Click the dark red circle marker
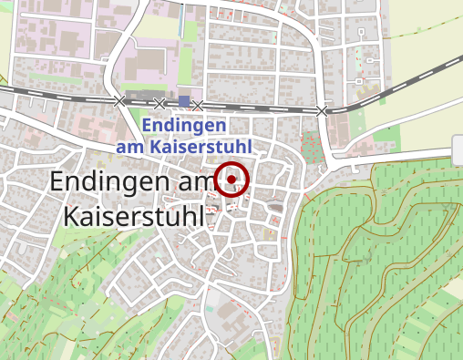tap(233, 179)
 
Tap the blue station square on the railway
tap(184, 101)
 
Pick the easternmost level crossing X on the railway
tap(321, 111)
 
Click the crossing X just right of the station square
tap(198, 106)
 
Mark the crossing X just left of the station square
tap(159, 103)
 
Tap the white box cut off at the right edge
tap(458, 149)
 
